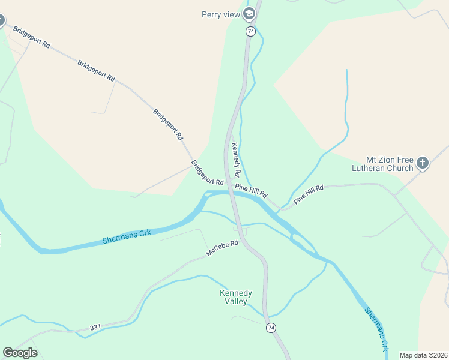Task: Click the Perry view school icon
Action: click(249, 14)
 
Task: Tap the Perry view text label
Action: click(221, 14)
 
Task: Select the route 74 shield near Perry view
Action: click(250, 31)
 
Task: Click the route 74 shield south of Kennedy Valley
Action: click(271, 327)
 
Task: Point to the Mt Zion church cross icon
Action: click(423, 163)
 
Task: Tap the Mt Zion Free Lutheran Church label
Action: click(390, 164)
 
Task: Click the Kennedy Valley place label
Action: click(235, 297)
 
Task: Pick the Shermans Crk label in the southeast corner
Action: click(378, 329)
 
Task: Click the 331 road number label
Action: click(95, 328)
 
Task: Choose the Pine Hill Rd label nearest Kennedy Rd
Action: click(251, 192)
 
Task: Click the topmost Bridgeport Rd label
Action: click(31, 37)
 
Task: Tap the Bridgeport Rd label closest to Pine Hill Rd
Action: click(207, 173)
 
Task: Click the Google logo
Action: click(20, 352)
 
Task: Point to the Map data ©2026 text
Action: click(423, 355)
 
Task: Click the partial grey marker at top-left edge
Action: click(1, 21)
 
